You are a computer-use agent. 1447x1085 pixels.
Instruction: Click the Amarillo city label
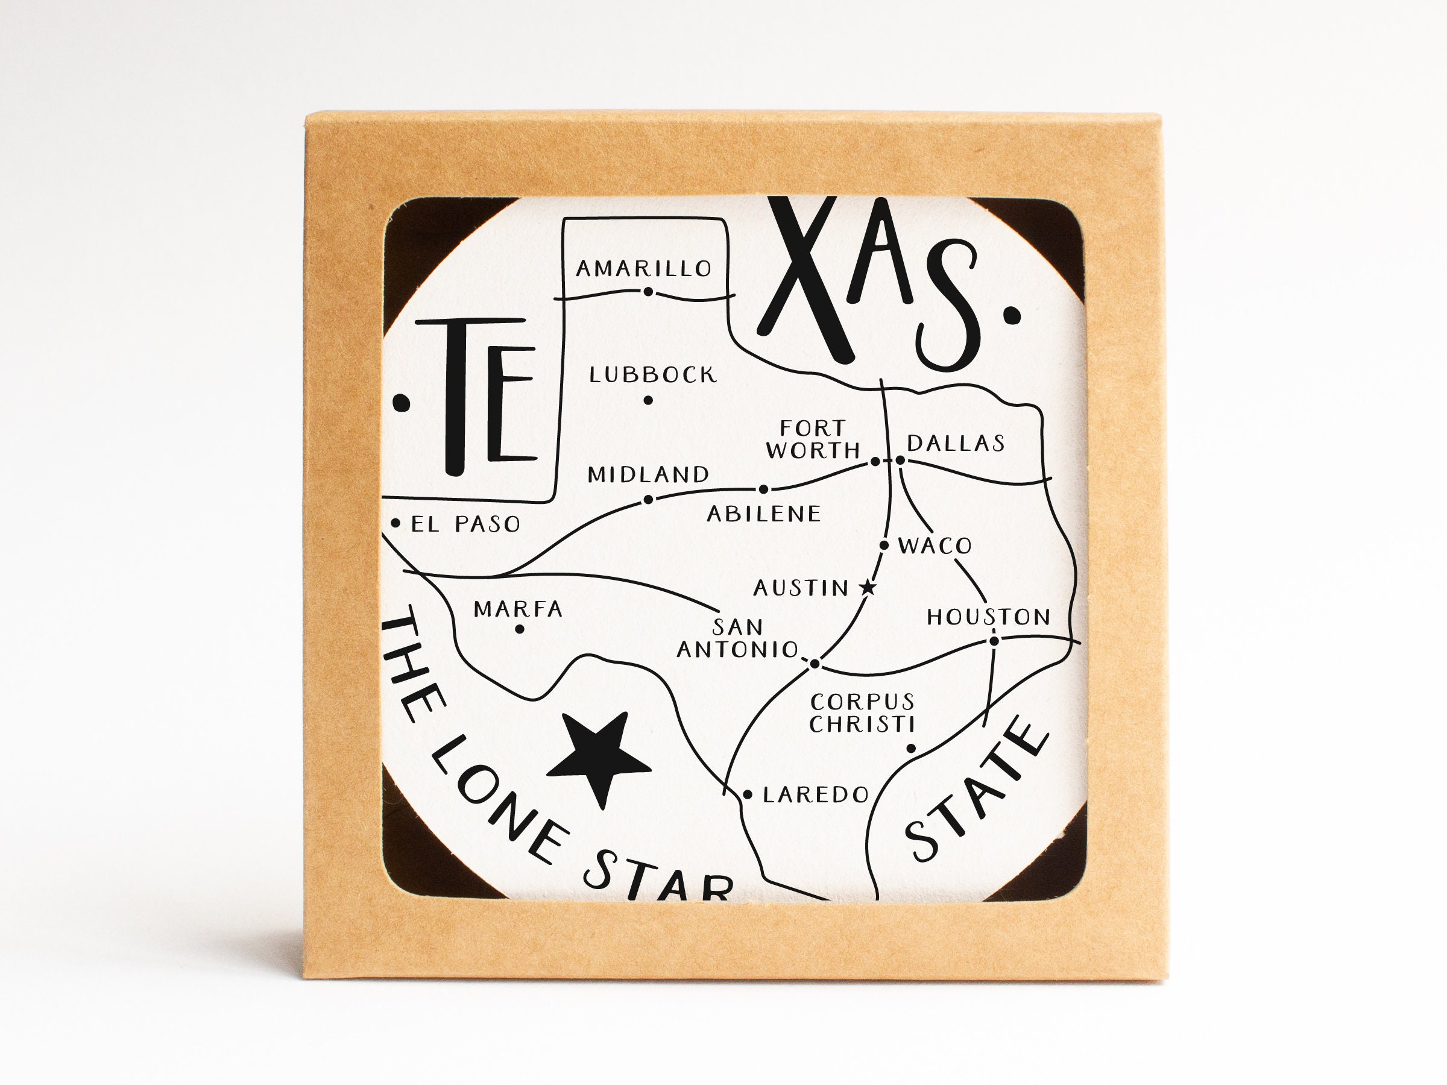[644, 268]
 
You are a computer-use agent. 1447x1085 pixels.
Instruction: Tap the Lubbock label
[653, 375]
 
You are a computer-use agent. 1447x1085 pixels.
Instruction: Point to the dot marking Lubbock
[648, 400]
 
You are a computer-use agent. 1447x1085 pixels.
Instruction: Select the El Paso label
[465, 524]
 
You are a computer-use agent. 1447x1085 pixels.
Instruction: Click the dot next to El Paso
[395, 523]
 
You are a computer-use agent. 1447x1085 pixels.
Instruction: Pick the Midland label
[648, 475]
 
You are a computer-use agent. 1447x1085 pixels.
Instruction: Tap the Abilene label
[763, 514]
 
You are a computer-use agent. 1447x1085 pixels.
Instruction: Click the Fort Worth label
[813, 439]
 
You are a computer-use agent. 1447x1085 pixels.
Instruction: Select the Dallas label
[955, 444]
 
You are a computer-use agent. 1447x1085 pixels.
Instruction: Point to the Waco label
[935, 546]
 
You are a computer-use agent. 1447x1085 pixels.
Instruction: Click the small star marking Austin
[868, 587]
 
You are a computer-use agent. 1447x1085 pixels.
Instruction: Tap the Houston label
[988, 617]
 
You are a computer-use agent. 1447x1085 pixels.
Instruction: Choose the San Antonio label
[737, 638]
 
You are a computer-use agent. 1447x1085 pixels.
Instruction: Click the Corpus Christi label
[862, 713]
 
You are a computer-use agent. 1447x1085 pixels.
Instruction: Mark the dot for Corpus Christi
[910, 748]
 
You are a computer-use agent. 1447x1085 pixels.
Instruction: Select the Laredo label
[816, 794]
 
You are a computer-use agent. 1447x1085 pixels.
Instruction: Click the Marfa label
[517, 609]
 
